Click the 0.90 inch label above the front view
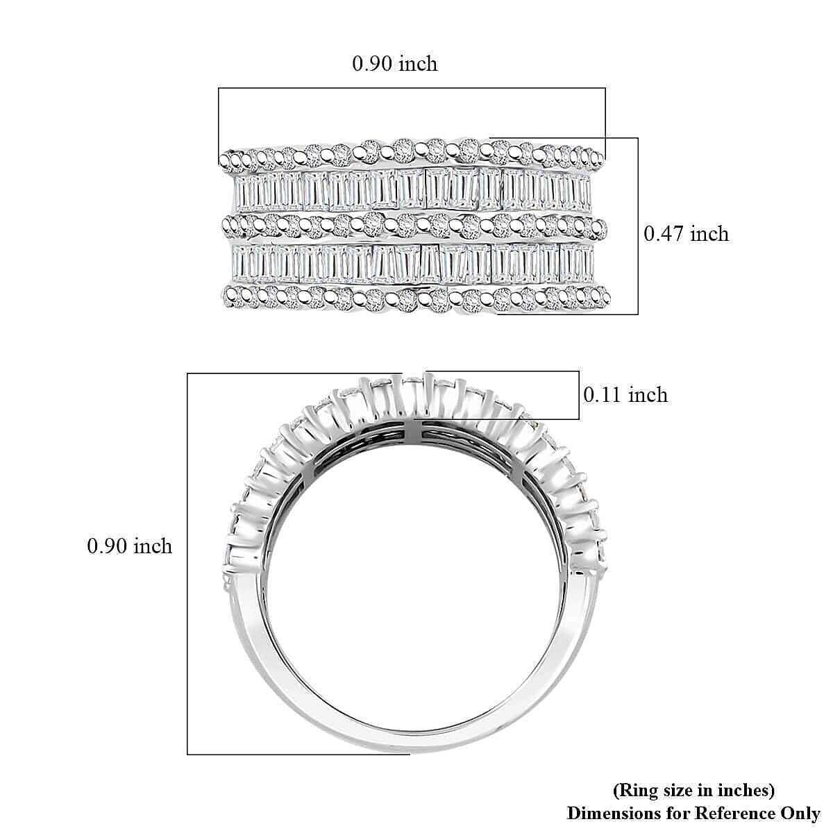point(394,64)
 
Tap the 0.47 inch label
point(686,234)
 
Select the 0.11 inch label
point(625,395)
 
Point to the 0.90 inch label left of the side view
point(129,546)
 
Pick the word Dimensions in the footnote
point(614,813)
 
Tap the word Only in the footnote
point(799,813)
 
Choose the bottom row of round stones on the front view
point(412,298)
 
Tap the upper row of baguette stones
point(412,190)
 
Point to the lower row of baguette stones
point(412,263)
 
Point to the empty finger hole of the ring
point(412,590)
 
